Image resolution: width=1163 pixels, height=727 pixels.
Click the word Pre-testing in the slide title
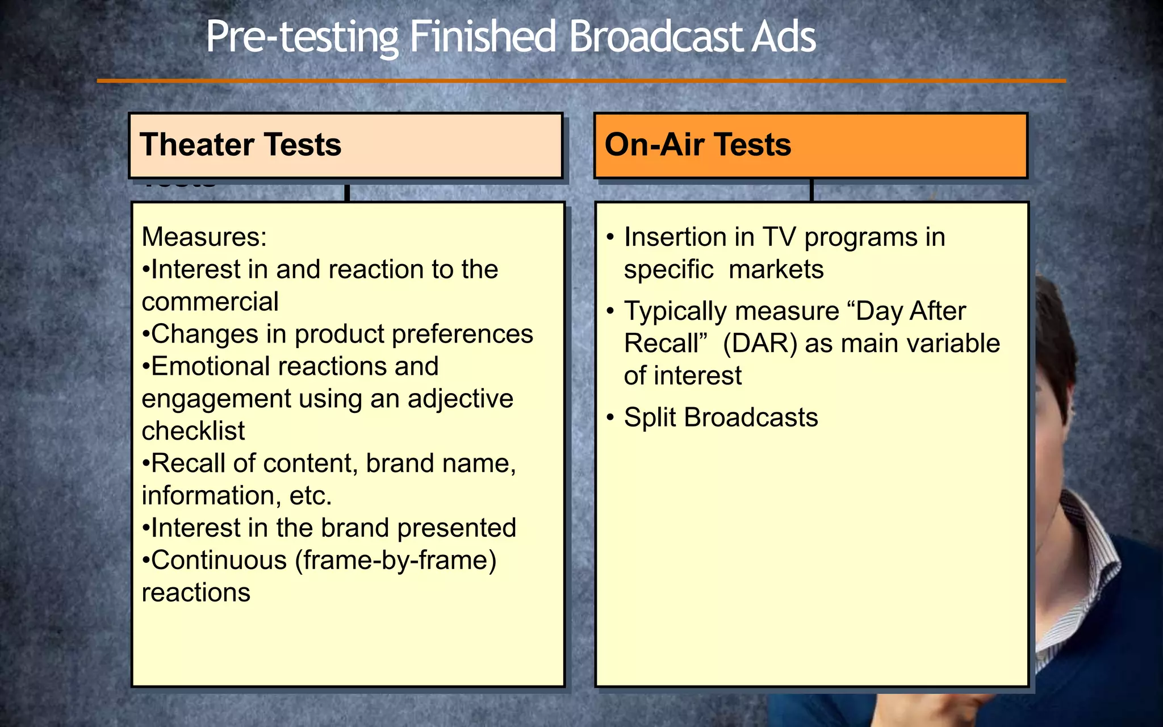(301, 37)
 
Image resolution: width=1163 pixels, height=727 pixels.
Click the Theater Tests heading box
(345, 145)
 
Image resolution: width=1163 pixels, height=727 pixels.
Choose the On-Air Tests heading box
(810, 145)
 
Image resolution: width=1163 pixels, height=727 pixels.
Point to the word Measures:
(204, 237)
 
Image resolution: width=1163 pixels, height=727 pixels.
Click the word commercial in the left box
(210, 302)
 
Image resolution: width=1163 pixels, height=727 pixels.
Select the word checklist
(193, 431)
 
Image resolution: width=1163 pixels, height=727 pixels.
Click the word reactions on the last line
(196, 593)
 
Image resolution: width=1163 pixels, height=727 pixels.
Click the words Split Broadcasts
(721, 417)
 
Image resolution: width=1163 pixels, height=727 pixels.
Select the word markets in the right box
(776, 269)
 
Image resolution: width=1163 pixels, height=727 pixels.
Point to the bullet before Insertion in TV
(610, 237)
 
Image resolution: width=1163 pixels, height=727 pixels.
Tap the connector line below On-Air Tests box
(811, 191)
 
